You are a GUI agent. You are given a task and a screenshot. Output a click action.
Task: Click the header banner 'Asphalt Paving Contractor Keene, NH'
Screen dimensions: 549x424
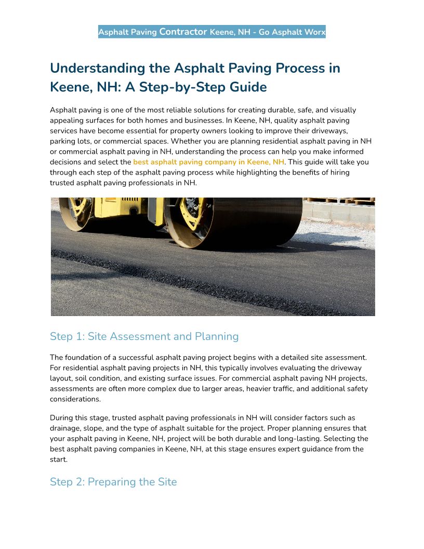point(211,32)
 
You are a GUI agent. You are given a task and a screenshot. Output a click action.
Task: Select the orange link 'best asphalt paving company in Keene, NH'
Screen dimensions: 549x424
point(209,162)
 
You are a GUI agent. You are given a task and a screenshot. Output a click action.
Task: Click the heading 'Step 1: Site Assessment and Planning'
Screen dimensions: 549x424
point(144,336)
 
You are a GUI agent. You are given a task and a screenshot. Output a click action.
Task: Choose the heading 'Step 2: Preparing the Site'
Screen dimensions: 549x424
point(113,482)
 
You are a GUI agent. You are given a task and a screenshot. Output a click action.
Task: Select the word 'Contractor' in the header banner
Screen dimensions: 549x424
point(183,32)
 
